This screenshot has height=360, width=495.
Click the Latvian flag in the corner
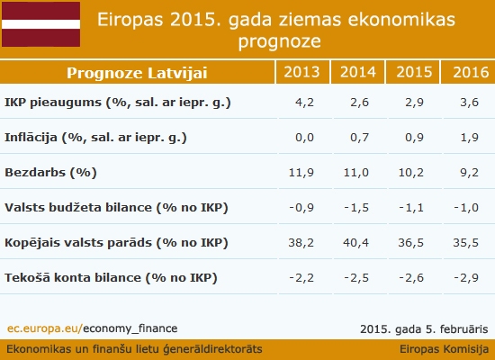(40, 24)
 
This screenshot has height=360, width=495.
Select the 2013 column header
(301, 72)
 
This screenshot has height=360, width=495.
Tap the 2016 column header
(471, 72)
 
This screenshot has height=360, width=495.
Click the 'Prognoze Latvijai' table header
(137, 73)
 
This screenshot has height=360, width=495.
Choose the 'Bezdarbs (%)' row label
(50, 173)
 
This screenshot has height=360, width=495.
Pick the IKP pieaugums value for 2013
(304, 103)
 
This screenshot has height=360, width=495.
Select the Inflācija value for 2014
(360, 138)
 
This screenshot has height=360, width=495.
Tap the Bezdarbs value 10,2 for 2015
(411, 173)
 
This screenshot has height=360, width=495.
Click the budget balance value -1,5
(356, 208)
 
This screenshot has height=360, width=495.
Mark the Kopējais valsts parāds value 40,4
(356, 243)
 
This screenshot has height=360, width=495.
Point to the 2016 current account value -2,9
(466, 278)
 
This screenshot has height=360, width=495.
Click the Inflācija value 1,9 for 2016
(470, 138)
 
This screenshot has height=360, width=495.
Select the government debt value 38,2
(301, 243)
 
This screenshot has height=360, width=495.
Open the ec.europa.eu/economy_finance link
(92, 328)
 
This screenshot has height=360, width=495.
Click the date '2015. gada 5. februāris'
(424, 329)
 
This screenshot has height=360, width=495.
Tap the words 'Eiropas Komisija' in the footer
(445, 349)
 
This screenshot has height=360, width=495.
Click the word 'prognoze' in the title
(280, 41)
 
